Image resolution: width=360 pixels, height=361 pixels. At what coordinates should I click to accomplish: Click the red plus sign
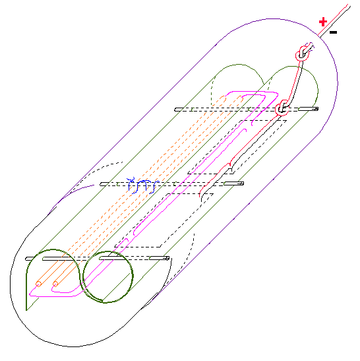point(323,22)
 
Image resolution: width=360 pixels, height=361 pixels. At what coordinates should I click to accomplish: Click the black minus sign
point(334,32)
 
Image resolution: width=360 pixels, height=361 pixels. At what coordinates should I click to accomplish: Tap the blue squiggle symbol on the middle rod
point(142,185)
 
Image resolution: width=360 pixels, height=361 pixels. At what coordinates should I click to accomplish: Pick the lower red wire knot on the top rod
point(282,108)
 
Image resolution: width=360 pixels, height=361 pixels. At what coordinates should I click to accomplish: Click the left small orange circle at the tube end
point(38,284)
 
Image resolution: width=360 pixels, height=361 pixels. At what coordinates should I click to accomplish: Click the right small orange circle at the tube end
point(55,284)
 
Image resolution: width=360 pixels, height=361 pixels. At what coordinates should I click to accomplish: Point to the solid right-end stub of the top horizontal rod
point(309,109)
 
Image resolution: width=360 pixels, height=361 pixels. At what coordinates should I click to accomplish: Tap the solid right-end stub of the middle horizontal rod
point(233,183)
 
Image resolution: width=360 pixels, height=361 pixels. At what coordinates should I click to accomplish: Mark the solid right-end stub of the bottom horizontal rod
point(159,258)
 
